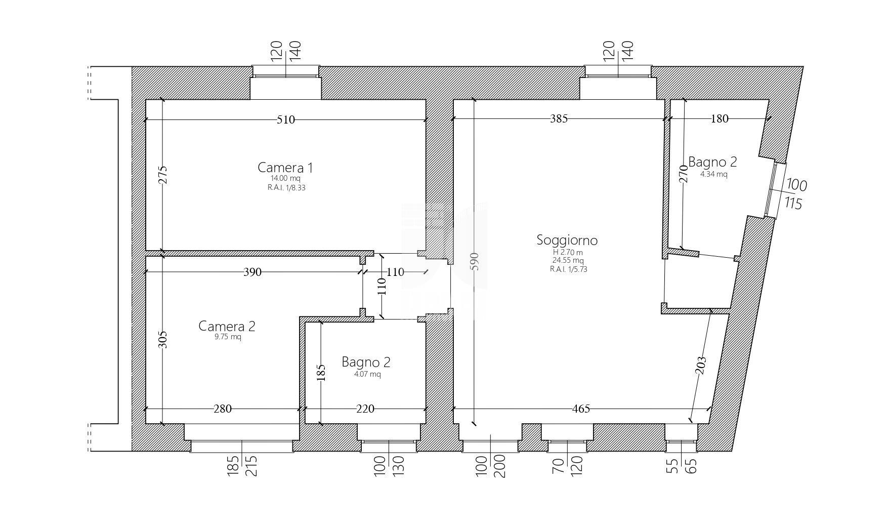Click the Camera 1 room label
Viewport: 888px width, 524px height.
tap(286, 168)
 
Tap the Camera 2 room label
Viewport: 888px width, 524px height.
tap(227, 326)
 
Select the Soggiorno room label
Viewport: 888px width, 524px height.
tap(567, 240)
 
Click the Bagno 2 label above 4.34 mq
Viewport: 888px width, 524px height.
tap(712, 162)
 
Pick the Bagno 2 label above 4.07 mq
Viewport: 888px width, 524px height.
tap(366, 362)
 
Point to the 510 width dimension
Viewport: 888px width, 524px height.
tap(286, 119)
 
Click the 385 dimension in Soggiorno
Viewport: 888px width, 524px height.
tap(559, 118)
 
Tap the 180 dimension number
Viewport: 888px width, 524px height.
tap(720, 118)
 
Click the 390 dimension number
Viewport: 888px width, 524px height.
tap(252, 272)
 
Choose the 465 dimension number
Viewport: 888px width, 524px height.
tap(581, 409)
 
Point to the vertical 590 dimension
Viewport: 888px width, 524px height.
tap(474, 261)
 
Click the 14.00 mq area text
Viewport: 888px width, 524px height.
tap(286, 179)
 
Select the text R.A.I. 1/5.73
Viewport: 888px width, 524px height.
tap(568, 269)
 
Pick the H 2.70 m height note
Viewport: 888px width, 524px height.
tap(567, 253)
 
